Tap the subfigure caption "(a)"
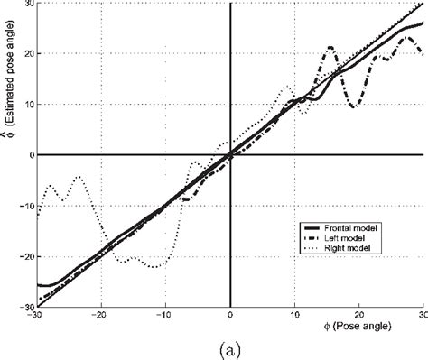[217, 347]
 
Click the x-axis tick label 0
[230, 315]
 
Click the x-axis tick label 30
[422, 315]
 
